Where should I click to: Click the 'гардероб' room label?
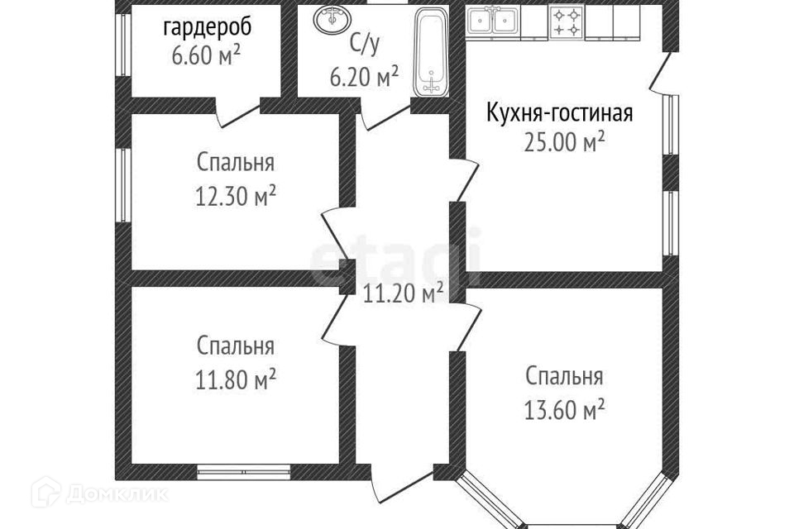tap(207, 27)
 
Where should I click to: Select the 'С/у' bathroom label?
tap(364, 44)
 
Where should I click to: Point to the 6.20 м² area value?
tap(364, 78)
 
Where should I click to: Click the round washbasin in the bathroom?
tap(333, 18)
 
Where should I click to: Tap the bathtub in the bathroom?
tap(430, 53)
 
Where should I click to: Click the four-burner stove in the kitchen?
tap(567, 21)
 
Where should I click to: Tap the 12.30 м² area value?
tap(236, 197)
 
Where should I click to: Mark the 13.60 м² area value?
tap(565, 408)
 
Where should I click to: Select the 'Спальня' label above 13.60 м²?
tap(565, 377)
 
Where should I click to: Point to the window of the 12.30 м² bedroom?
tap(122, 184)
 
